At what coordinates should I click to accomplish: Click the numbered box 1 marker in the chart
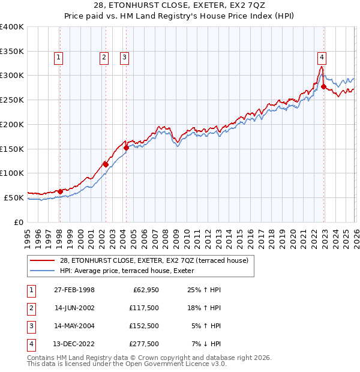(59, 58)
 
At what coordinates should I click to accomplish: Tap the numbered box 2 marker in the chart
(104, 58)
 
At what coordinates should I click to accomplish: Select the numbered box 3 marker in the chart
(125, 58)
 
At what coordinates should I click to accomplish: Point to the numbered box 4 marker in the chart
(322, 58)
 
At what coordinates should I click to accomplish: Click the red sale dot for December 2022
(323, 87)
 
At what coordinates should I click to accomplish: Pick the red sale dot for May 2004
(126, 148)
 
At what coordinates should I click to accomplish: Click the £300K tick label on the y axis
(12, 76)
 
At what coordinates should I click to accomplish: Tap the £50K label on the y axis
(14, 197)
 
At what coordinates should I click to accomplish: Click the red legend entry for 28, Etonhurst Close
(157, 260)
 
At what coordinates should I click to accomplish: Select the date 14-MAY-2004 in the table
(72, 326)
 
